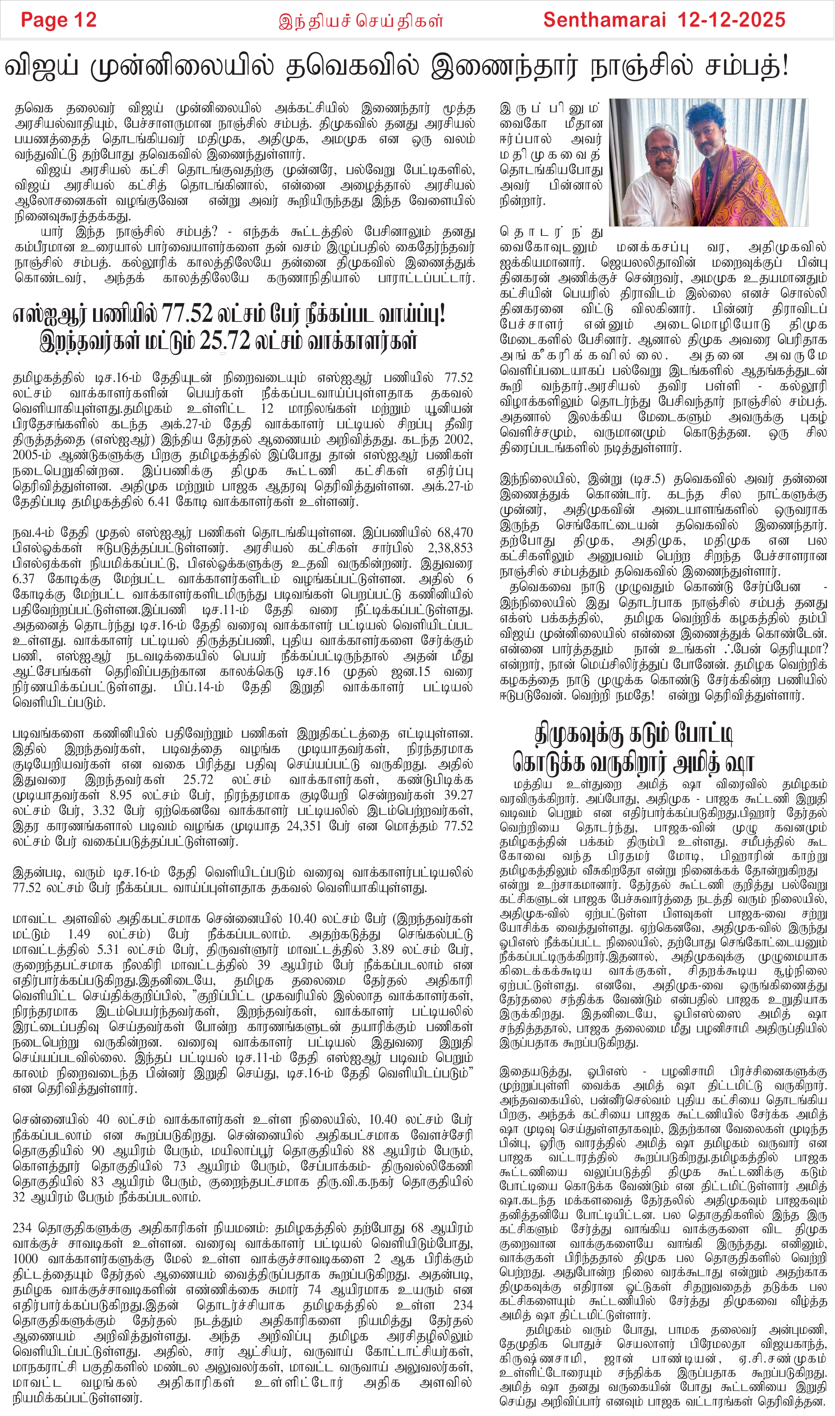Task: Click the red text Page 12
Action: click(58, 20)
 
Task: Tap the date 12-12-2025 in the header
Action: click(731, 20)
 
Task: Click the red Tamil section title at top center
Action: click(361, 21)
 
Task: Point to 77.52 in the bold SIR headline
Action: click(187, 314)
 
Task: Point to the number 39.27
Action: click(458, 795)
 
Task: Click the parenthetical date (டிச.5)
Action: click(641, 479)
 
